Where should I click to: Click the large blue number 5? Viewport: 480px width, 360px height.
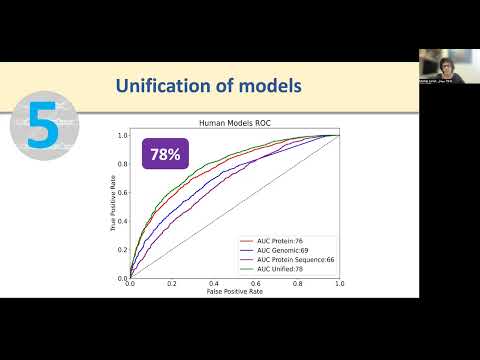(x=41, y=130)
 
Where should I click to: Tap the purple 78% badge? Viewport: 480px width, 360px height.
(x=166, y=154)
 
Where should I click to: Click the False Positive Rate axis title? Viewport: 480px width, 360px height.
(x=234, y=293)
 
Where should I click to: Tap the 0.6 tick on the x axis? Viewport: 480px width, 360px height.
(x=256, y=285)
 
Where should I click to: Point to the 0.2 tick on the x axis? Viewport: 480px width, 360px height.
(x=172, y=285)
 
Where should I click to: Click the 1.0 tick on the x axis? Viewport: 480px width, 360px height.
(x=339, y=285)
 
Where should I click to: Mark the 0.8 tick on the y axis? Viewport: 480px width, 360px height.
(x=122, y=163)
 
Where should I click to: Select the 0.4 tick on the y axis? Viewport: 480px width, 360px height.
(x=122, y=220)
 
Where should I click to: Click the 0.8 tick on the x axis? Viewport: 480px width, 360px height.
(x=297, y=285)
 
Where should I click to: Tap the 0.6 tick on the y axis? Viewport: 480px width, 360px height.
(x=122, y=191)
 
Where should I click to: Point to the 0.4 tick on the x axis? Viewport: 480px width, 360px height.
(x=214, y=285)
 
